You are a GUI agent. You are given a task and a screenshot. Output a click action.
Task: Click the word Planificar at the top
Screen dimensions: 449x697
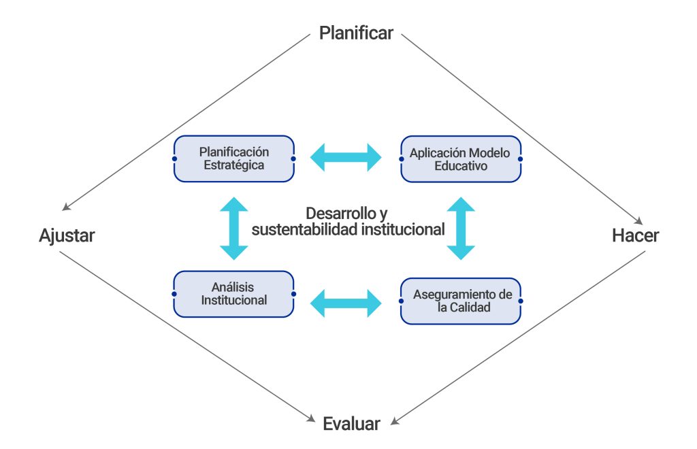pos(356,33)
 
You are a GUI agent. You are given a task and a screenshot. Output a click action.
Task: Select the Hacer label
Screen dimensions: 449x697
pos(635,236)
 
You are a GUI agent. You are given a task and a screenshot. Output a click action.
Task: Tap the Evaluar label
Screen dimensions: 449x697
pos(351,424)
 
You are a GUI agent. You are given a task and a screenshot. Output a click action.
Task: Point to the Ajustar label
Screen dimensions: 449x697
pos(67,236)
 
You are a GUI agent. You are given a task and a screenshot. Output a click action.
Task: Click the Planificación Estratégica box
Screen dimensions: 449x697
pos(233,159)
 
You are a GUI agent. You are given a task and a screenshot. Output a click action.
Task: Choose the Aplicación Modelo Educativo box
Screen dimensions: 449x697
pos(460,159)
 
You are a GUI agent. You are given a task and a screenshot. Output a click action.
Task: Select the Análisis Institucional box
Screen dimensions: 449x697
pos(233,294)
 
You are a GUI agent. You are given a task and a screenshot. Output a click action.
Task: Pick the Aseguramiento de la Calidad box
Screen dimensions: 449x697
pos(460,301)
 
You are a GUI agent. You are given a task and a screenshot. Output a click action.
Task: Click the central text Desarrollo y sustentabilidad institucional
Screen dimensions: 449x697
pos(348,221)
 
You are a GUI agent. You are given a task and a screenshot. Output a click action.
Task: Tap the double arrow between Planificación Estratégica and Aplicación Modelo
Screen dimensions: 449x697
pos(346,157)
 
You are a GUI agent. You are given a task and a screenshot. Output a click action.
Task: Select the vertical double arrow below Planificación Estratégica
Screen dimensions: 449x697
pos(233,228)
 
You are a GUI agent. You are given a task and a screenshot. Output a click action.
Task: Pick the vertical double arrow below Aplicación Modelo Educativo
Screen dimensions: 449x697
pos(461,228)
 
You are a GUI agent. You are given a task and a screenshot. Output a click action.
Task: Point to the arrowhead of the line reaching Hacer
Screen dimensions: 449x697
pos(638,220)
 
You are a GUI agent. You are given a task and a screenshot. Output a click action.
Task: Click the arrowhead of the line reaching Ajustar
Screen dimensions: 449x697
pos(65,207)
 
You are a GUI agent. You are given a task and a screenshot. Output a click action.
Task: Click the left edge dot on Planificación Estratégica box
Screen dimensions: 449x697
pos(174,159)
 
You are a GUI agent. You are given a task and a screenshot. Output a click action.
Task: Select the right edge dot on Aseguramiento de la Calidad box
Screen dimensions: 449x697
pos(519,301)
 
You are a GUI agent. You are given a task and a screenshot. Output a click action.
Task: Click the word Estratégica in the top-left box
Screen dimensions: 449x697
pos(233,165)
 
